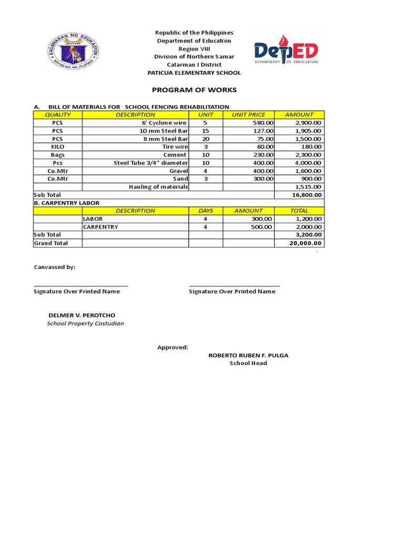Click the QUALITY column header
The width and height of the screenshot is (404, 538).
pos(57,115)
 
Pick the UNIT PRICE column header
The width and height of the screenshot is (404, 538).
pos(248,115)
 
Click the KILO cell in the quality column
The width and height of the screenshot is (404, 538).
pos(57,147)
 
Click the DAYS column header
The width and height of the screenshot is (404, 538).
pos(205,211)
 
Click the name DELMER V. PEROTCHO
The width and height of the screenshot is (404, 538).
pos(82,315)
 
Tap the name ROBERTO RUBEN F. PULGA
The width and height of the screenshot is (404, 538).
pos(248,355)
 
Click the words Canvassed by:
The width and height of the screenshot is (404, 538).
pos(55,267)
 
